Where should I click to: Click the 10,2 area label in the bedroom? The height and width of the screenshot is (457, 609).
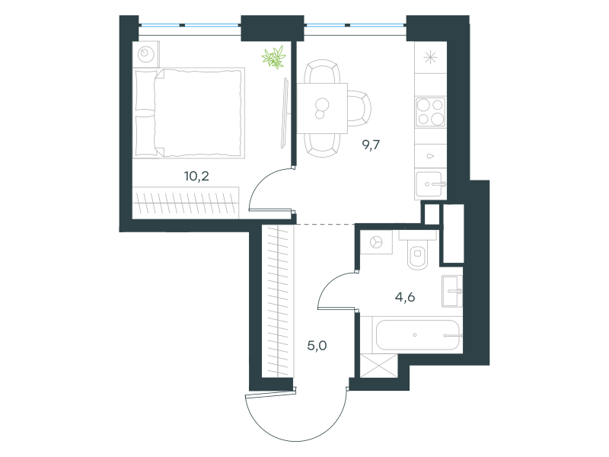[x=196, y=177]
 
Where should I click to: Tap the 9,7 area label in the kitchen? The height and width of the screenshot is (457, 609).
[x=371, y=145]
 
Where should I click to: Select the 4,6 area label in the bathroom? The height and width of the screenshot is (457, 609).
[x=405, y=297]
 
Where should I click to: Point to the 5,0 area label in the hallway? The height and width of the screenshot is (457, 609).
[x=317, y=346]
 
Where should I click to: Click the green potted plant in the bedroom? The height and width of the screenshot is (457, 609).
[x=274, y=57]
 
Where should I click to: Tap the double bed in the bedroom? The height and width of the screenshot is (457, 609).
[x=189, y=113]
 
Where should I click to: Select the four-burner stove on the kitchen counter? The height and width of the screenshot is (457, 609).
[x=430, y=112]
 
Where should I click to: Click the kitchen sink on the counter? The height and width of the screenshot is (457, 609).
[x=430, y=184]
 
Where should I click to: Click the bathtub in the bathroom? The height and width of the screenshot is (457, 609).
[x=417, y=334]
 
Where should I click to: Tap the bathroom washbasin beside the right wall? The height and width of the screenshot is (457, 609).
[x=452, y=291]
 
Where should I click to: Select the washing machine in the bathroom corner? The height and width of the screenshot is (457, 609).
[x=376, y=242]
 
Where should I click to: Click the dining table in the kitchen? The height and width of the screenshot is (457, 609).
[x=322, y=108]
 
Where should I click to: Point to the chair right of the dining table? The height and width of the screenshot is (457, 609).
[x=359, y=108]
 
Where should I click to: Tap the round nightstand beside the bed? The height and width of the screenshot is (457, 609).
[x=146, y=54]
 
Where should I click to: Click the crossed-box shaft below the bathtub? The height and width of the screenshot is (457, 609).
[x=379, y=366]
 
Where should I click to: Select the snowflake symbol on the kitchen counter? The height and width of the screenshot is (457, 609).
[x=430, y=58]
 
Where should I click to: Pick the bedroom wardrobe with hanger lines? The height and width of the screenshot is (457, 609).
[x=186, y=203]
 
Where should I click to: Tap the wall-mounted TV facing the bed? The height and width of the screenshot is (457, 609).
[x=285, y=113]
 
